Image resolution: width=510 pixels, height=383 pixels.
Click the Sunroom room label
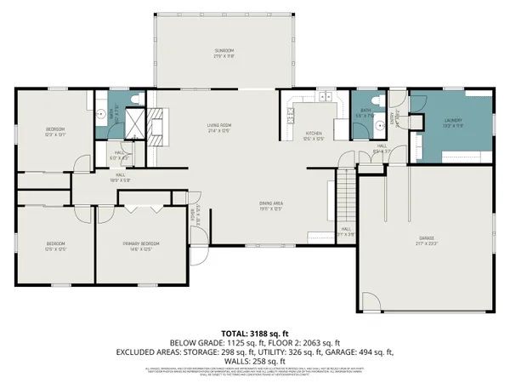(224, 54)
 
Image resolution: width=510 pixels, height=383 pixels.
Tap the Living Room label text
(221, 129)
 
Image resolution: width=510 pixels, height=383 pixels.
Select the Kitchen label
(313, 135)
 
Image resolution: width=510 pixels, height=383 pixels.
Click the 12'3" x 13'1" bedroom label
(55, 131)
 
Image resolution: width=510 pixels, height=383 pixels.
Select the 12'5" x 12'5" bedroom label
(55, 247)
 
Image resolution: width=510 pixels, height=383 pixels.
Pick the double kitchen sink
(325, 98)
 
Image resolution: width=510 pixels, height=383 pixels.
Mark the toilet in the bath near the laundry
(382, 102)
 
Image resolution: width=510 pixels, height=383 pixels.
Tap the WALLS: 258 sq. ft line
(254, 360)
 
